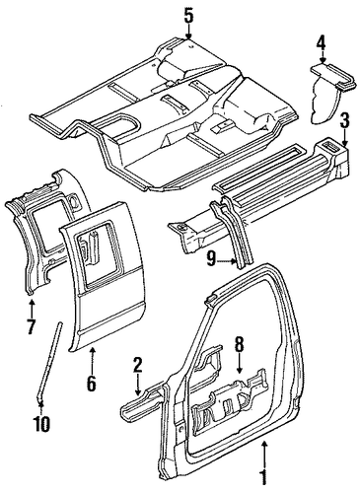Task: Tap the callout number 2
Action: click(x=138, y=366)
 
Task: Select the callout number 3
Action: click(x=343, y=121)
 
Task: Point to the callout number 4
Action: click(x=321, y=43)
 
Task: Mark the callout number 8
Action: click(x=239, y=344)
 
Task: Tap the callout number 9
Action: click(x=212, y=261)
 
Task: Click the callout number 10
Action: click(x=42, y=423)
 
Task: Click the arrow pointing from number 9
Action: click(x=228, y=261)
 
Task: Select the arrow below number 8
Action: click(x=239, y=364)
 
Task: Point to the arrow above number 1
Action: click(x=264, y=452)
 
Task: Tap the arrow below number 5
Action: click(x=188, y=34)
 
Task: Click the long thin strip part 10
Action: click(x=51, y=362)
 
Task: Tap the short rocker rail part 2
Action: click(x=141, y=402)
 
